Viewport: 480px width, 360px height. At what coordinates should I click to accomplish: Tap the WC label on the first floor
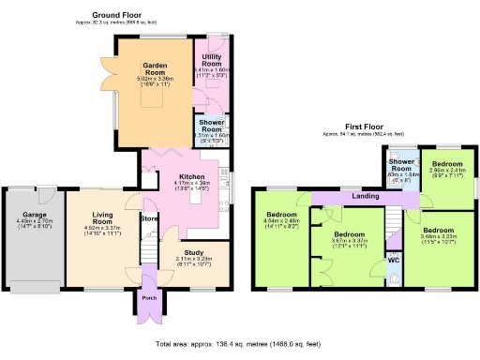tap(394, 259)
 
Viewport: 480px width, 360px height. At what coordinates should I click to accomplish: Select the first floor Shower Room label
tap(400, 165)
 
